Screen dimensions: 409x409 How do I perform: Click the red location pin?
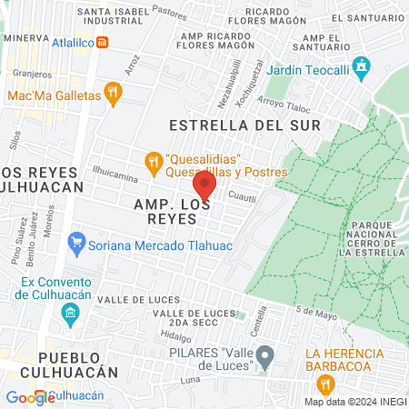point(204,185)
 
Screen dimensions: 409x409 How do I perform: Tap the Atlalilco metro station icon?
point(103,42)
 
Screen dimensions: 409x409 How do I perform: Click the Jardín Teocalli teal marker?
point(362,65)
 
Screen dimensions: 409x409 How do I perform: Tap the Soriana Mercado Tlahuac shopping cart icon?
point(76,244)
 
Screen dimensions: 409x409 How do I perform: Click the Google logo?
point(30,397)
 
